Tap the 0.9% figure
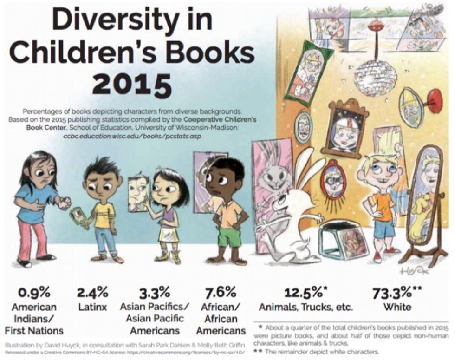[34, 293]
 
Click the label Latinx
[92, 307]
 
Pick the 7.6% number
[221, 293]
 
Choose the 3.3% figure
[155, 293]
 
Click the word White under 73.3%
[397, 307]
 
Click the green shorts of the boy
[229, 237]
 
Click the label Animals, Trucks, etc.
[306, 307]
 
